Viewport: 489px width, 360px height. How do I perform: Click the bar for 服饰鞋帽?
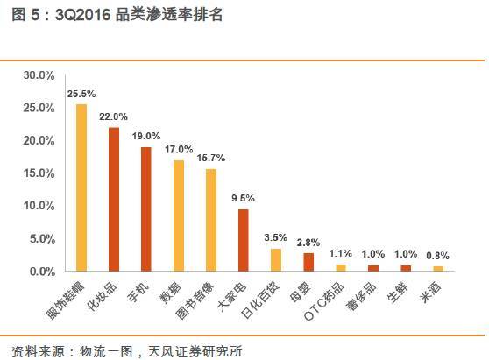coord(81,187)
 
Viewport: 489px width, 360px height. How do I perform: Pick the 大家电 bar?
coord(243,240)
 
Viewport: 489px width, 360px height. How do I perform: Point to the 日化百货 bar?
coord(275,259)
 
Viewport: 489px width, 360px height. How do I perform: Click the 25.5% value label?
coord(81,94)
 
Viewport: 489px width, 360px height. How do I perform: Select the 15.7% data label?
coord(211,158)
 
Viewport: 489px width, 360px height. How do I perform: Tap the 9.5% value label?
coord(244,198)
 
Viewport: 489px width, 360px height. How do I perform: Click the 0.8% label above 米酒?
coord(438,256)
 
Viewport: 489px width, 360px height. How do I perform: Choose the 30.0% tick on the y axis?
coord(38,75)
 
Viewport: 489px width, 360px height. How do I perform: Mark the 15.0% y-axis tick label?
coord(38,173)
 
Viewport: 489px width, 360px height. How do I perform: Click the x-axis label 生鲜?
coord(399,292)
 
